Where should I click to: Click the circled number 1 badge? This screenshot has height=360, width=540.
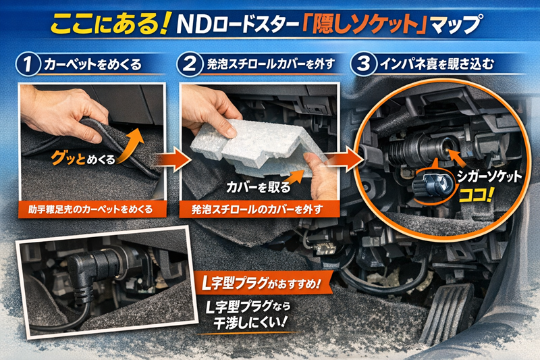pos(28,64)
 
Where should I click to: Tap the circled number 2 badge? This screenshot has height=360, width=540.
pos(189,64)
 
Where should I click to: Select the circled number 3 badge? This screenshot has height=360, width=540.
pos(362,64)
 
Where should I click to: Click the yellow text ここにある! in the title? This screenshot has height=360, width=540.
pos(110,25)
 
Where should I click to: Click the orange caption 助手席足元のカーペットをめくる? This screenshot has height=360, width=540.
pos(91,209)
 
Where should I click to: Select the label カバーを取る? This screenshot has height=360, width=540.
pos(259,187)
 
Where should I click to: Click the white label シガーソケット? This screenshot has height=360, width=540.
pos(489,176)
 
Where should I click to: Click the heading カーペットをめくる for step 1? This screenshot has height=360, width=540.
pos(92,64)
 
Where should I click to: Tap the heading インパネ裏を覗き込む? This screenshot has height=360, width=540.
pos(436,64)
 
